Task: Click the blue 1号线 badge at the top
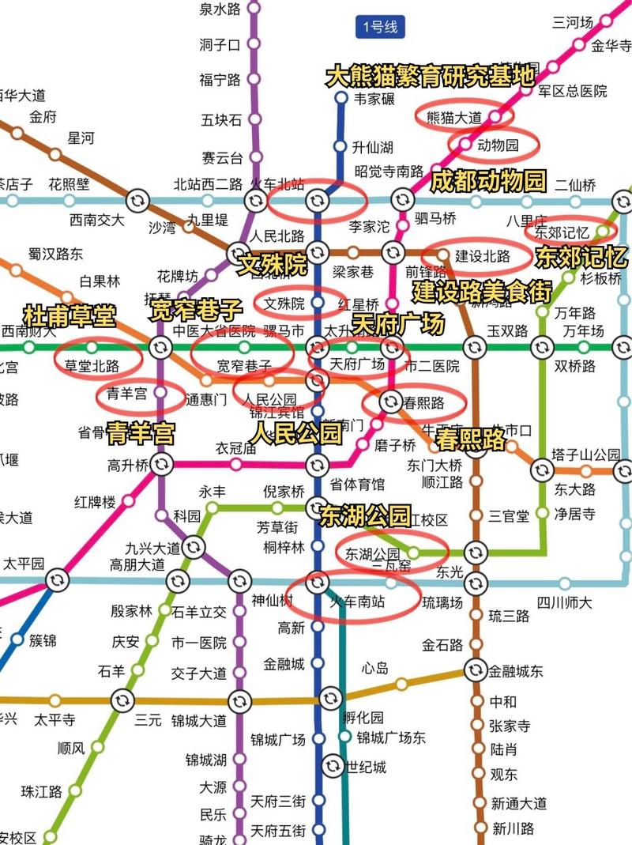(x=380, y=28)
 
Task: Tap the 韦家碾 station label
(x=374, y=99)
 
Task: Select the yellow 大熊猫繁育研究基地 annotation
(x=431, y=77)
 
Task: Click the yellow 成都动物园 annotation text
(x=487, y=182)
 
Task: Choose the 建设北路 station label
(x=483, y=256)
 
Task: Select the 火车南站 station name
(x=357, y=602)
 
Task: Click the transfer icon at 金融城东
(x=475, y=670)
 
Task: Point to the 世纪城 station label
(x=367, y=766)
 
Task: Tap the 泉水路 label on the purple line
(x=220, y=9)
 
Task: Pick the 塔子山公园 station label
(x=586, y=455)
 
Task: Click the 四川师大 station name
(x=564, y=602)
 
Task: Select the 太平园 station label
(x=24, y=564)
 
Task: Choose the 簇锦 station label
(x=43, y=640)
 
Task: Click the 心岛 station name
(x=376, y=668)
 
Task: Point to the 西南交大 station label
(x=96, y=220)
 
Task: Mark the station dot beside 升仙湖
(x=340, y=147)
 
